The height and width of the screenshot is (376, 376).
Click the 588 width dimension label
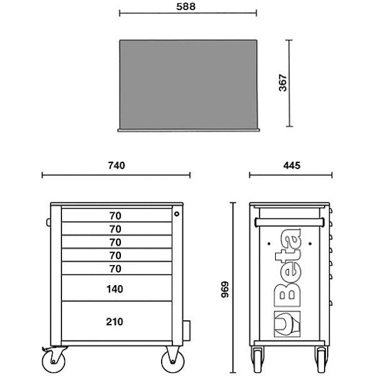186,6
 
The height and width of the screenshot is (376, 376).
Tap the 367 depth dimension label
283,83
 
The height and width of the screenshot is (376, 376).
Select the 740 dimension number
117,165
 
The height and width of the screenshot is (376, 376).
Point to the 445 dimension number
291,165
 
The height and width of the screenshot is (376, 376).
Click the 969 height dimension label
225,290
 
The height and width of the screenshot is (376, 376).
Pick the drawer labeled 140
117,288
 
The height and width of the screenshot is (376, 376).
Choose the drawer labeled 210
117,321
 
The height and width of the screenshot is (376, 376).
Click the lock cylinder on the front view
177,214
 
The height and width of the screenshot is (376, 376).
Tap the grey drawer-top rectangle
189,85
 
